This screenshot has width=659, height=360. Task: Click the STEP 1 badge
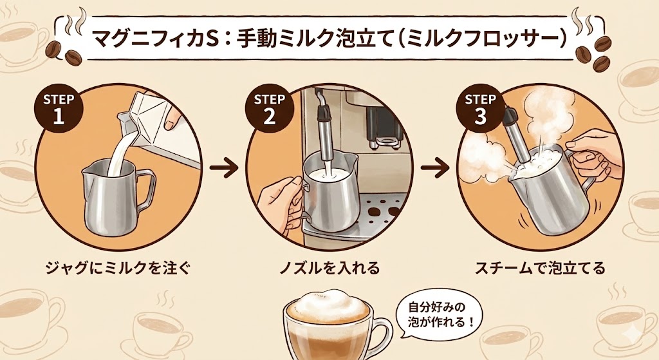point(58,109)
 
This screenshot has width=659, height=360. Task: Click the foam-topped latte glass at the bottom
point(328,325)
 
